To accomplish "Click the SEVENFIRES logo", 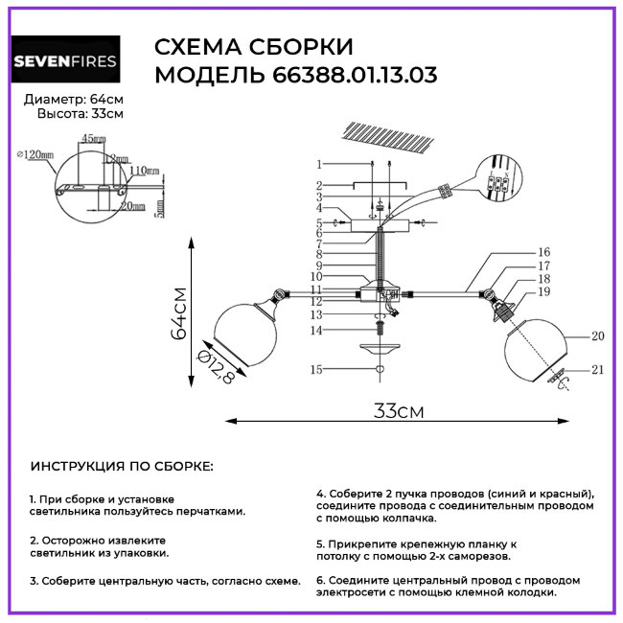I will coord(65,62).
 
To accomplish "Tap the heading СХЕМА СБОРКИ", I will coord(254,48).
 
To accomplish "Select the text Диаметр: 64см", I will coord(74,100).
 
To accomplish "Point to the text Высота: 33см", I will coord(81,114).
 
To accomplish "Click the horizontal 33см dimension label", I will coord(398,411).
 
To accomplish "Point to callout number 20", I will coord(598,336).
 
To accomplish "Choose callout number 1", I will coord(321,165).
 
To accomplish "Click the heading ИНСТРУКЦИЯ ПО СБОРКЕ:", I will coord(122,467).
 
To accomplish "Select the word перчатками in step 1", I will coord(213,511).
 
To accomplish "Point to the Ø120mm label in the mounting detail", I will coord(35,153).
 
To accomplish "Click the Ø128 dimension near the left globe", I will coord(217,368).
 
